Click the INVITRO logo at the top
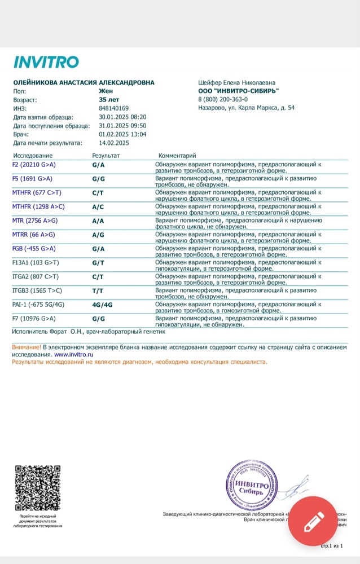(x=46, y=62)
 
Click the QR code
(x=37, y=488)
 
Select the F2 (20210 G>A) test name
(x=34, y=165)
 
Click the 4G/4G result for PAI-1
(x=102, y=305)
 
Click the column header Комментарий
(x=177, y=155)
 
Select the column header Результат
(x=106, y=155)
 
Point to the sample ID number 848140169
(x=113, y=108)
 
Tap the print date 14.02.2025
(x=114, y=143)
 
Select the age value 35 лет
(x=109, y=99)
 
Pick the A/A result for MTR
(x=98, y=221)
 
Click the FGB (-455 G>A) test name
(x=34, y=249)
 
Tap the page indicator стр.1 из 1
(x=332, y=546)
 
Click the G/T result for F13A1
(x=98, y=263)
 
